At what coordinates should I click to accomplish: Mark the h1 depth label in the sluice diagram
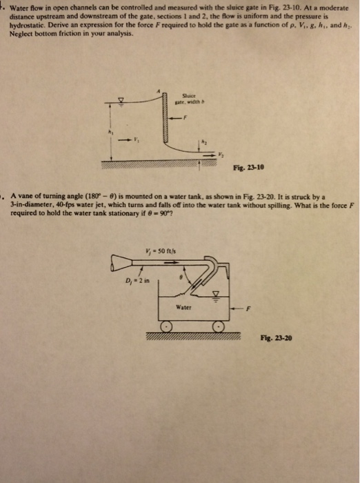pos(108,133)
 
